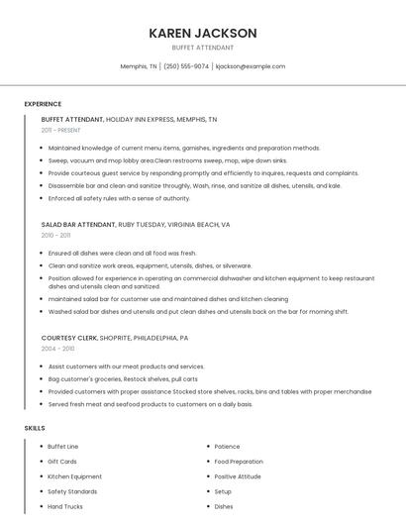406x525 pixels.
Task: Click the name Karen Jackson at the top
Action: click(202, 33)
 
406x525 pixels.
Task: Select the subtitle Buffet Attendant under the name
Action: click(202, 48)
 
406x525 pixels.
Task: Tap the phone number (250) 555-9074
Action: click(186, 66)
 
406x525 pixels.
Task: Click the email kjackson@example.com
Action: click(250, 66)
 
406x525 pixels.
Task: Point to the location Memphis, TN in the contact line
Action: click(139, 66)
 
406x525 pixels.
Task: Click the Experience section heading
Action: click(43, 104)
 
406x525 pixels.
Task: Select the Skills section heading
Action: click(34, 428)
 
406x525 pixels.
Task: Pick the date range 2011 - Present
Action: click(60, 130)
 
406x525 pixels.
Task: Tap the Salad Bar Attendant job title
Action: click(79, 225)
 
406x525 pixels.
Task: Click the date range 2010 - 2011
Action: click(55, 236)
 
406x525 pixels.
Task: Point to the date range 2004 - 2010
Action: click(57, 349)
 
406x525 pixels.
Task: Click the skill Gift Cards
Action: click(62, 462)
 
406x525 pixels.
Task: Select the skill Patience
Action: click(227, 447)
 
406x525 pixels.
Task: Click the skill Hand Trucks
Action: click(64, 506)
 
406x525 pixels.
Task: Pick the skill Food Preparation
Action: click(239, 462)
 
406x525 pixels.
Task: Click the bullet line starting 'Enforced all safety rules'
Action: click(119, 198)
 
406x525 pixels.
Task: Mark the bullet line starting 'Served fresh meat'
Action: click(151, 404)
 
